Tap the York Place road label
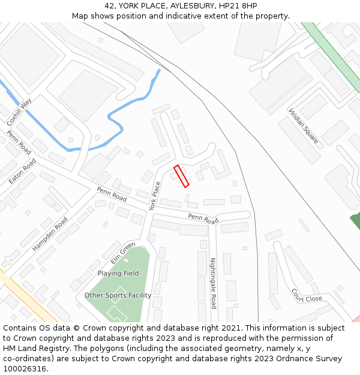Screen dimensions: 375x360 pos(155,196)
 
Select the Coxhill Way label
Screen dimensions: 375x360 pos(19,112)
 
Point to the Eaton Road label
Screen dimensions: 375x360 pos(22,172)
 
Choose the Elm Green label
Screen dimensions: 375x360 pos(123,253)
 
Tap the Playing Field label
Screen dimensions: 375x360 pos(118,274)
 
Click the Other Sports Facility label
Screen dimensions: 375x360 pos(118,295)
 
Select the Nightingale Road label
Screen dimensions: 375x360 pos(212,283)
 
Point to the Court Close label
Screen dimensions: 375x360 pos(307,295)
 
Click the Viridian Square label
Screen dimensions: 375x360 pos(303,127)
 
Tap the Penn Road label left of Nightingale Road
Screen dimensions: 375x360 pos(203,219)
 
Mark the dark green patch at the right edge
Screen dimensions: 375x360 pos(355,220)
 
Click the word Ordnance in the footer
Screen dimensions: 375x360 pos(295,359)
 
